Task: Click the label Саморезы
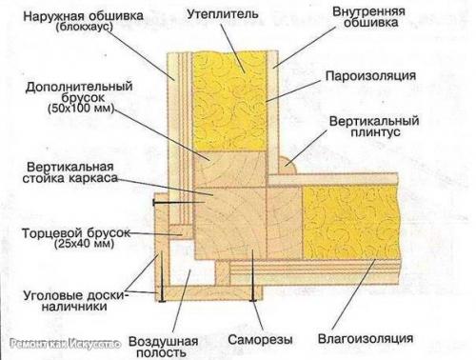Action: [256, 338]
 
